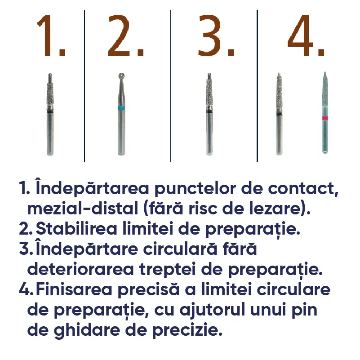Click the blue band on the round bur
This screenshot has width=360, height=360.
121,108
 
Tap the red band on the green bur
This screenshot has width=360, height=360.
324,118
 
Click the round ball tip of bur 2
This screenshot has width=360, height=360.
121,76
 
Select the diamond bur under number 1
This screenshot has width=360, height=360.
50,114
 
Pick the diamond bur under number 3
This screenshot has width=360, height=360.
209,114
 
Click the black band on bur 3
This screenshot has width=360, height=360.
209,112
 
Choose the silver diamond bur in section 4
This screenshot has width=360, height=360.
279,114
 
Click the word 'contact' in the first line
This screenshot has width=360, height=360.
303,189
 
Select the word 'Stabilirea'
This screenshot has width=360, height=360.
76,229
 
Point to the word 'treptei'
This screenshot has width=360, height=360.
165,270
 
